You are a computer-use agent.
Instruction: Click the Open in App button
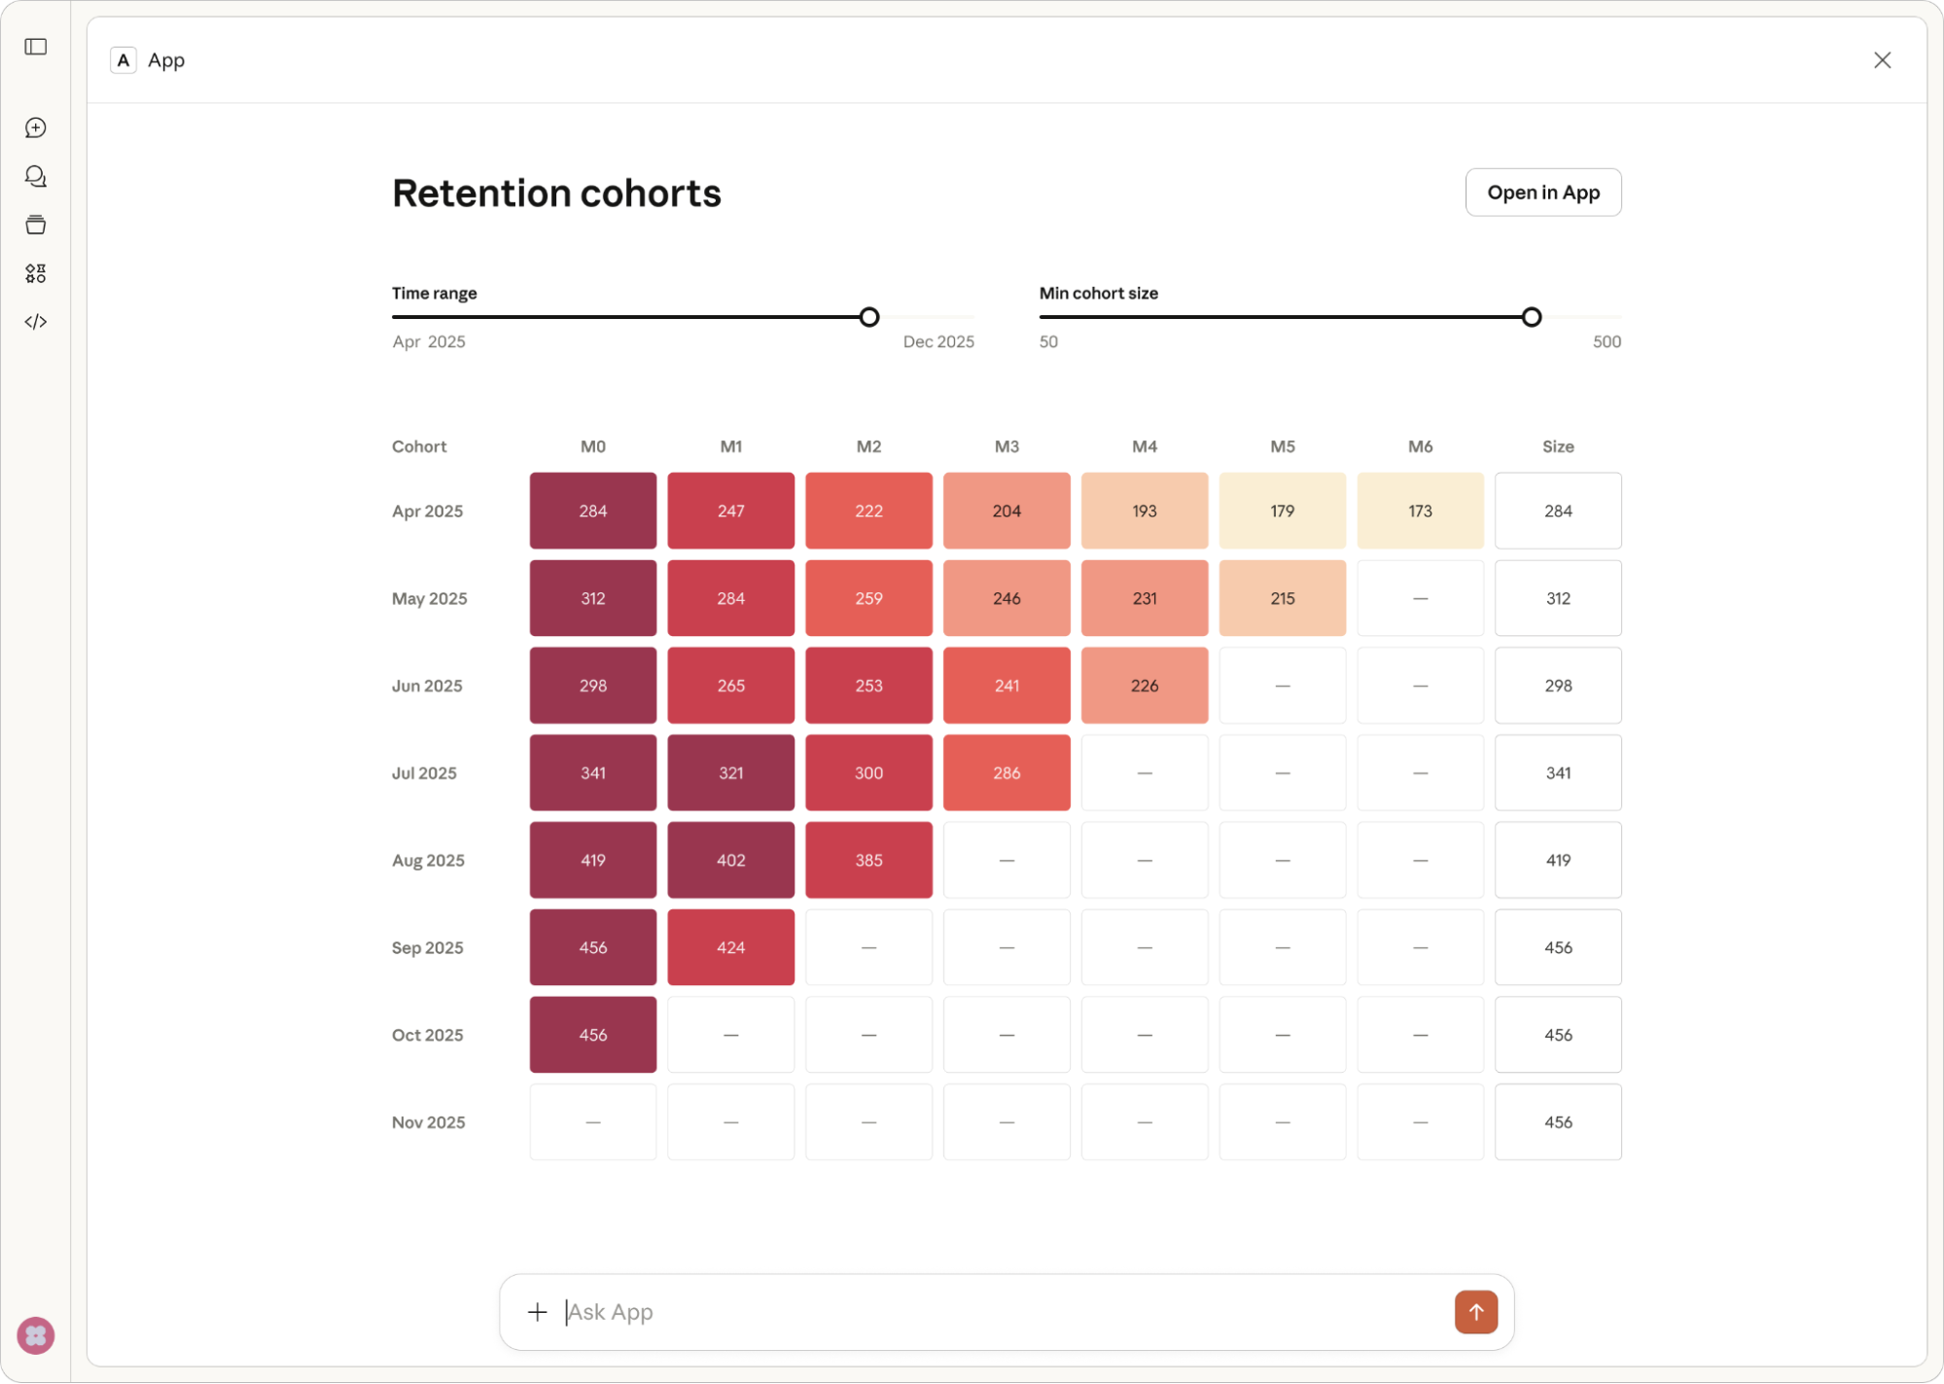[x=1542, y=193]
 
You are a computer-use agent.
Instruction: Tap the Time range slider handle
[x=869, y=317]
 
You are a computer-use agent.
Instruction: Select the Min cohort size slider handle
[x=1532, y=317]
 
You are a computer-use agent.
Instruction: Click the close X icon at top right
[x=1882, y=60]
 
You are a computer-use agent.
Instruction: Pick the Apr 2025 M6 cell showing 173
[x=1420, y=511]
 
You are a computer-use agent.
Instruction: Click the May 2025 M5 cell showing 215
[x=1282, y=598]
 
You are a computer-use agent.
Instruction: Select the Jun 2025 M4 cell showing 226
[x=1144, y=686]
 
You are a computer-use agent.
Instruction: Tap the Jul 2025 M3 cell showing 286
[x=1007, y=773]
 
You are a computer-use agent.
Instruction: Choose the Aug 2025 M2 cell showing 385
[x=868, y=861]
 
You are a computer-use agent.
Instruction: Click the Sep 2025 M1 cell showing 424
[x=730, y=947]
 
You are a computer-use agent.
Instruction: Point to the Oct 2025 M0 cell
[x=593, y=1035]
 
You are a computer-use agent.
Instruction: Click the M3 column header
[x=1007, y=446]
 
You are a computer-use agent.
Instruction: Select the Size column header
[x=1558, y=446]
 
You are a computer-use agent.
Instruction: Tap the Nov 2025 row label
[x=429, y=1122]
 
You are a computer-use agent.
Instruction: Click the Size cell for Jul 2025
[x=1558, y=773]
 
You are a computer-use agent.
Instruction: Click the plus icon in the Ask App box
[x=537, y=1312]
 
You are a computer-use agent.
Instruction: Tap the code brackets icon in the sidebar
[x=36, y=322]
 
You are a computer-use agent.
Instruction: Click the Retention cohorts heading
[x=556, y=194]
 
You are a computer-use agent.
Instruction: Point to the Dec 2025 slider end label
[x=937, y=342]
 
